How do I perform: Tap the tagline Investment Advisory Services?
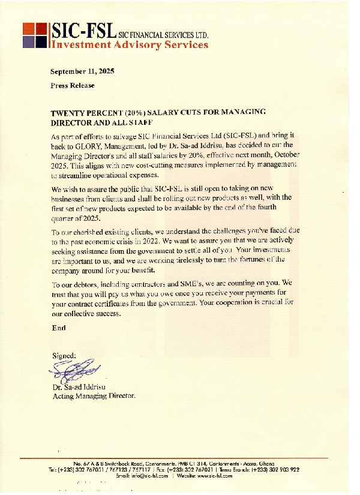pos(130,44)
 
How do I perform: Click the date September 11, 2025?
pos(82,71)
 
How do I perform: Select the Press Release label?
pos(73,85)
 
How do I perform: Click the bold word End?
pos(59,328)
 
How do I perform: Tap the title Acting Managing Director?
pos(94,396)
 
